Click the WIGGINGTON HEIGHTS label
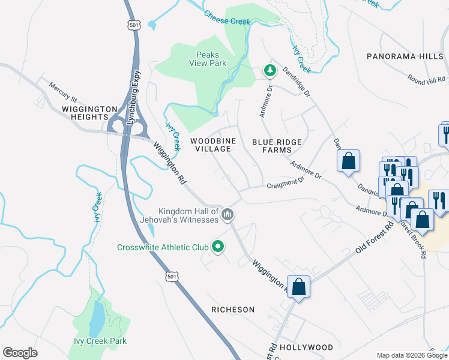89,113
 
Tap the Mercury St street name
63,92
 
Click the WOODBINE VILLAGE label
211,145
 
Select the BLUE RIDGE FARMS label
276,145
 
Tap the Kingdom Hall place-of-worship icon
228,214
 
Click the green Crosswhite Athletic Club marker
218,247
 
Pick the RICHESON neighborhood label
233,310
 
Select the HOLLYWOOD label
306,347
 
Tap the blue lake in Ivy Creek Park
96,318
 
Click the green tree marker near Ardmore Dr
270,71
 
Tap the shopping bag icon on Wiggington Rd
298,286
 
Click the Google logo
20,353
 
